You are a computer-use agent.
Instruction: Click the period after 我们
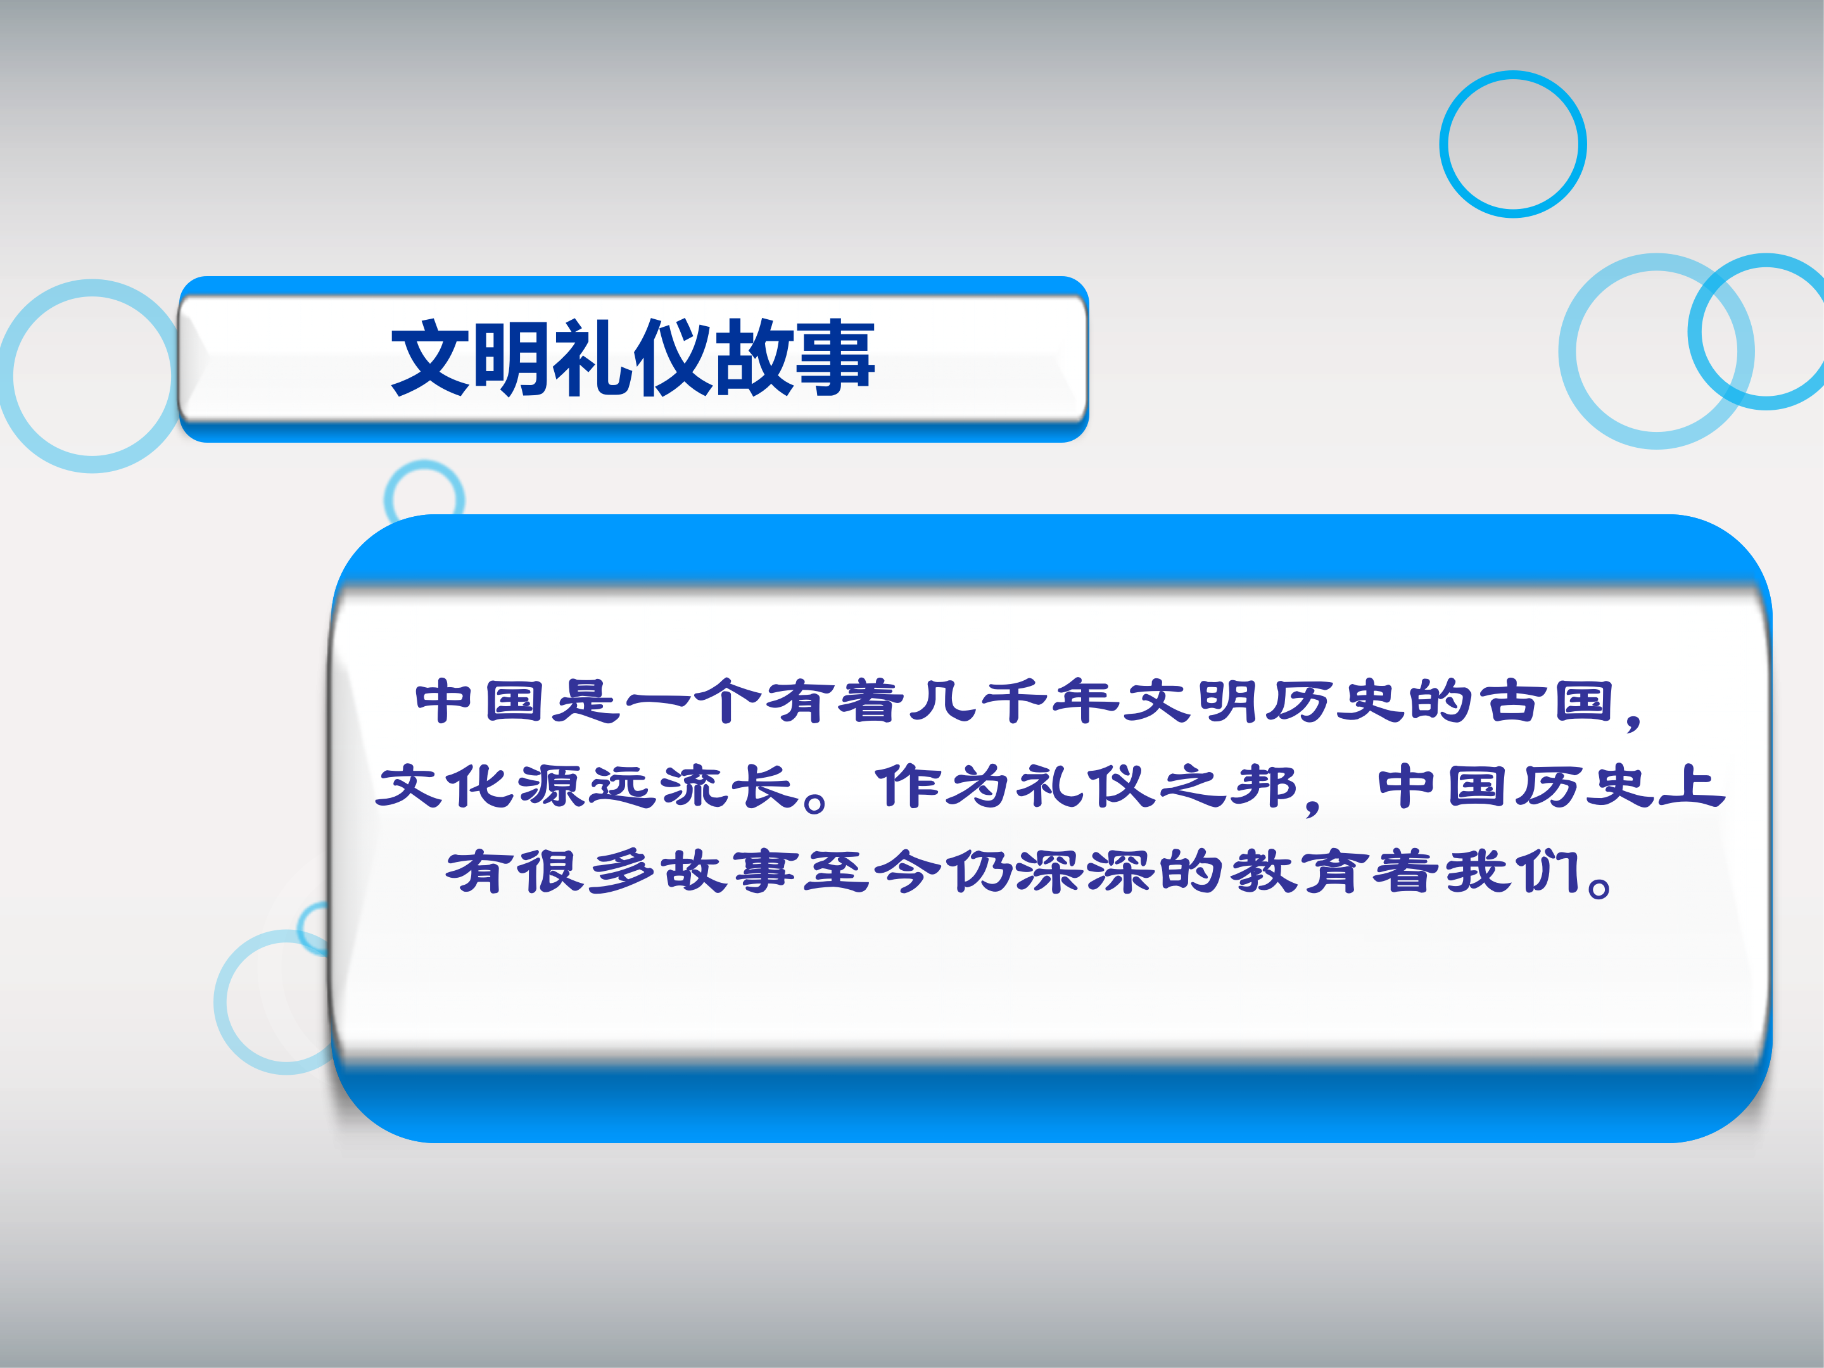pyautogui.click(x=1599, y=887)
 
